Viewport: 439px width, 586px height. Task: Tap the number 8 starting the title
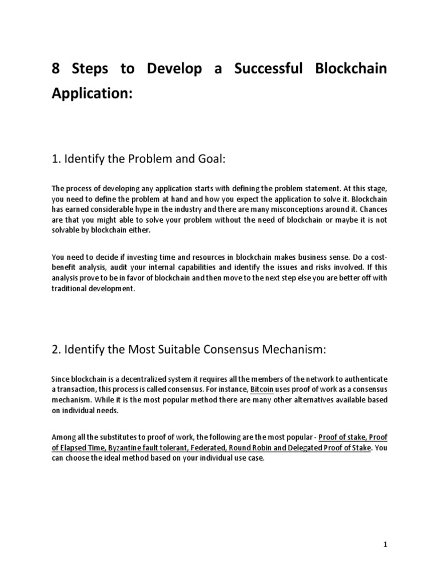[x=56, y=69]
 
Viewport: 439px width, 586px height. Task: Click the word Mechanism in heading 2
[x=291, y=349]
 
